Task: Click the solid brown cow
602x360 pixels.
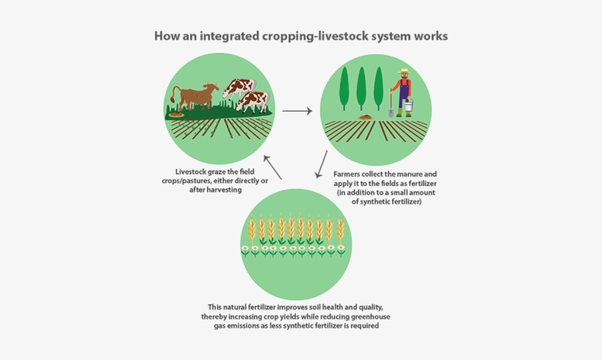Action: click(195, 96)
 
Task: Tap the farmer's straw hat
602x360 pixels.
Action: click(404, 71)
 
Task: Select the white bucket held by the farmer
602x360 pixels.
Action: click(408, 105)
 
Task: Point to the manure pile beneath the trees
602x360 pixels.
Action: click(366, 117)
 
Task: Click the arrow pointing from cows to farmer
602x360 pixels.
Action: click(297, 111)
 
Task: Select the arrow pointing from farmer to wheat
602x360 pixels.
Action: click(321, 165)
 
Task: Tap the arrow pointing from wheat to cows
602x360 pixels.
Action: click(272, 167)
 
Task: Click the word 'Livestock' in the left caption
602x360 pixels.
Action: click(191, 172)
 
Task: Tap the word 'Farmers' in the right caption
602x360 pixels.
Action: click(347, 174)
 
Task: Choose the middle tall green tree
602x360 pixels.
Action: click(361, 88)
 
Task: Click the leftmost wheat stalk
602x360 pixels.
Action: click(252, 231)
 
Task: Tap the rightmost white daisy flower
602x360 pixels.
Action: click(341, 251)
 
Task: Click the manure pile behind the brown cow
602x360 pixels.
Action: click(176, 115)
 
